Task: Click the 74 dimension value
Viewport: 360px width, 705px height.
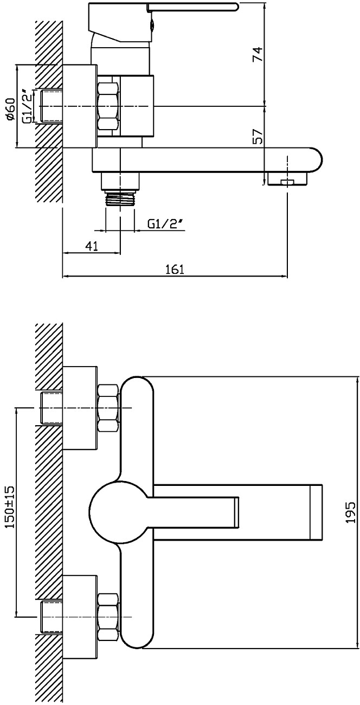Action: coord(257,54)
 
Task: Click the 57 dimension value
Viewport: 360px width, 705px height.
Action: coord(258,136)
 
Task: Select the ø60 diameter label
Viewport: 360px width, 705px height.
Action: coord(10,108)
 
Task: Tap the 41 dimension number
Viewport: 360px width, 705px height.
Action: coord(91,246)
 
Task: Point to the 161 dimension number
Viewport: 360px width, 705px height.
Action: coord(175,269)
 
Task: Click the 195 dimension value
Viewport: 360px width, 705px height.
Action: coord(351,512)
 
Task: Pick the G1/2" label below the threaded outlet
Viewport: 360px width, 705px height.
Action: coord(165,224)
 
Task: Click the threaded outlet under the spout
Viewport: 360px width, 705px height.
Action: coord(120,197)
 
